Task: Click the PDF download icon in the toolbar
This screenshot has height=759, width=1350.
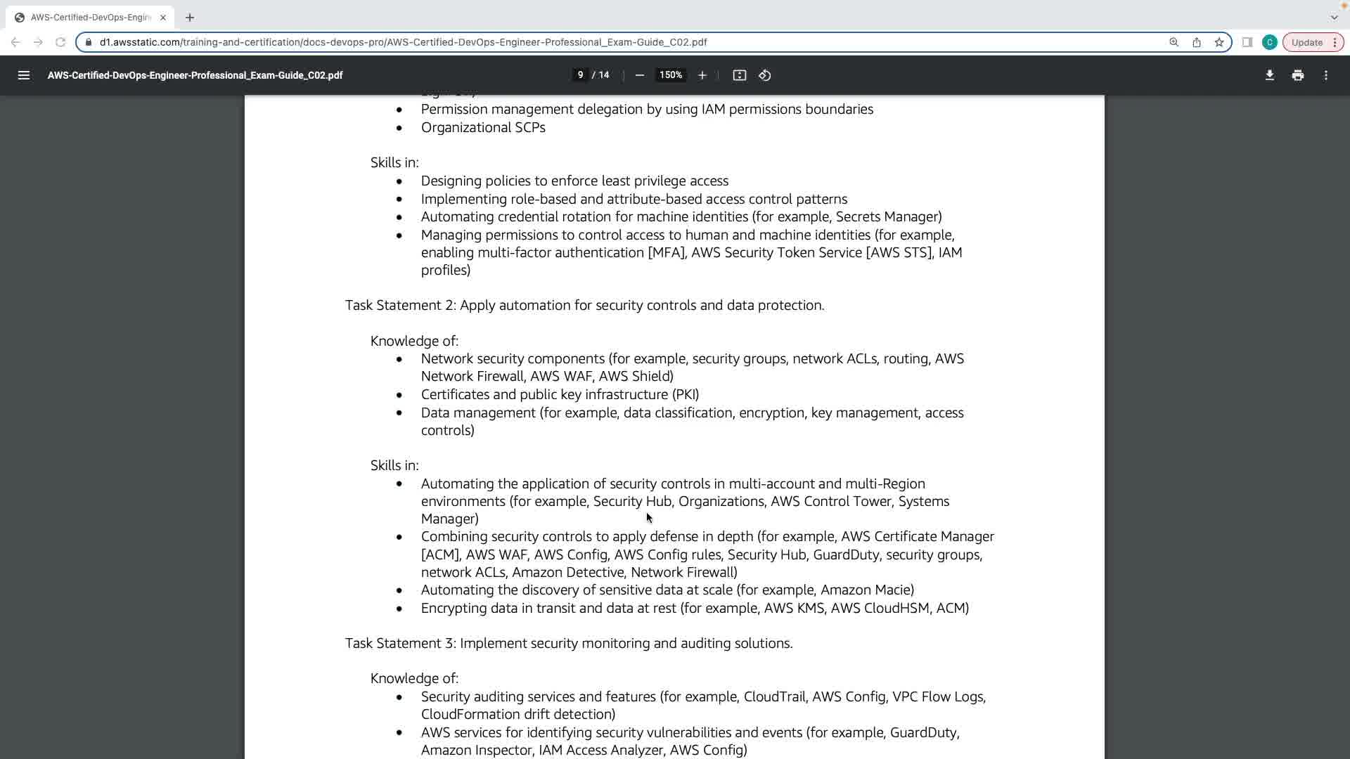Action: coord(1269,75)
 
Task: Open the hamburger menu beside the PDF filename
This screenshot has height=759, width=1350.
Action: coord(23,75)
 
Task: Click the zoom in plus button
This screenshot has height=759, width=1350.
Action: coord(702,75)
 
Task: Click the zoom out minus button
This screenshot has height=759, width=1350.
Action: coord(639,75)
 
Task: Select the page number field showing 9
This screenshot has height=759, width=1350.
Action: coord(580,75)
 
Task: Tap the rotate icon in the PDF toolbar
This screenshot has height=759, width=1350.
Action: coord(765,75)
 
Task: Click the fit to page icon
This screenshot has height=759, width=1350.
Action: coord(739,75)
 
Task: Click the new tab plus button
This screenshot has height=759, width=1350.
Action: coord(190,18)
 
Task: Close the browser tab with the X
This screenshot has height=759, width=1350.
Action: coord(163,18)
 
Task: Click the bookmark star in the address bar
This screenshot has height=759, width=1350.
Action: coord(1219,42)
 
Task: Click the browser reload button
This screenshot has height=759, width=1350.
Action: coord(60,42)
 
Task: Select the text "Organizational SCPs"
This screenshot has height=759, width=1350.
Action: coord(483,128)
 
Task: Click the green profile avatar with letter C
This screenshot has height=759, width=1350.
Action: coord(1269,42)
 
